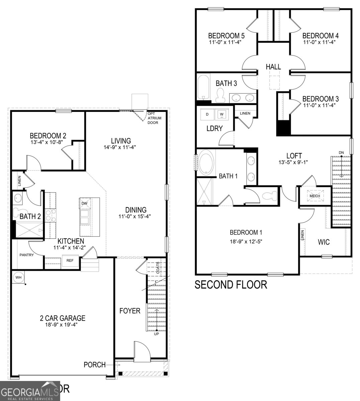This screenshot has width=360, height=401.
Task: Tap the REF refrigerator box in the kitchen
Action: [70, 260]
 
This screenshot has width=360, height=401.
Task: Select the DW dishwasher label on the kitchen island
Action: [84, 203]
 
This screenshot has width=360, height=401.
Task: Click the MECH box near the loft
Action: [314, 196]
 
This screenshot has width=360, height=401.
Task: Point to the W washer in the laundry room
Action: [221, 114]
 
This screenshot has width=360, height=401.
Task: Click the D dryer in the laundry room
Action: [207, 114]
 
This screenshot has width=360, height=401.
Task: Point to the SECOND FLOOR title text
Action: [231, 285]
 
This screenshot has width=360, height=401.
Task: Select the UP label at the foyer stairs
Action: [156, 334]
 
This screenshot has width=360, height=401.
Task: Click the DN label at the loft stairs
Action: [341, 153]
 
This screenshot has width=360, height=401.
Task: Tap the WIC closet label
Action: [324, 242]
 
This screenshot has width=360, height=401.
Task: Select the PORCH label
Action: [94, 365]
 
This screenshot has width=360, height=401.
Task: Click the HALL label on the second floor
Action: [273, 67]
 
